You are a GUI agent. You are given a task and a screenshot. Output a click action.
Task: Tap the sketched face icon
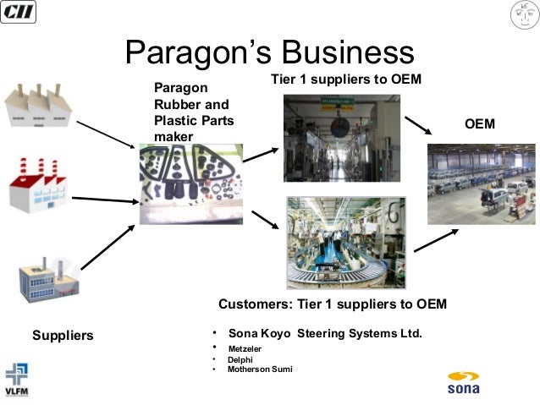pyautogui.click(x=524, y=14)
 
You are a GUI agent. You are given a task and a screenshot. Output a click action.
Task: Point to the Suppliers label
pyautogui.click(x=63, y=336)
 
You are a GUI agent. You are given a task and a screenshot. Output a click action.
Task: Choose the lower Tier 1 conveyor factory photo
pyautogui.click(x=346, y=243)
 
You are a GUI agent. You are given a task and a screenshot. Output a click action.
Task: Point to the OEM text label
pyautogui.click(x=480, y=124)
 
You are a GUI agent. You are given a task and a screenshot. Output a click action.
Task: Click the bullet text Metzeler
pyautogui.click(x=245, y=348)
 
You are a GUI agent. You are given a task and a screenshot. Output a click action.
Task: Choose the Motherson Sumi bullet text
pyautogui.click(x=255, y=369)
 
